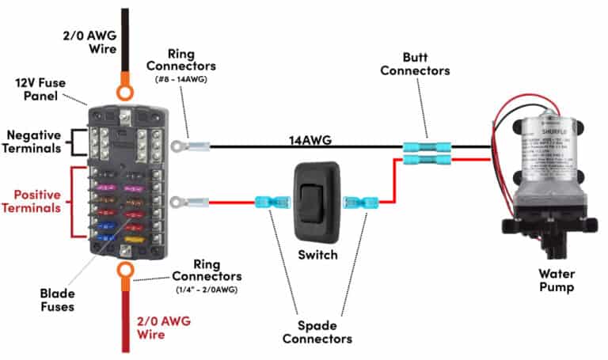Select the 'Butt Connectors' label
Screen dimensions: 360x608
pos(415,64)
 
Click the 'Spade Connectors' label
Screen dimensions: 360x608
pos(321,332)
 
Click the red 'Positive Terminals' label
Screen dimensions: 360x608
pos(34,202)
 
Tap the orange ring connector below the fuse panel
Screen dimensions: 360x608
pos(123,273)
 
